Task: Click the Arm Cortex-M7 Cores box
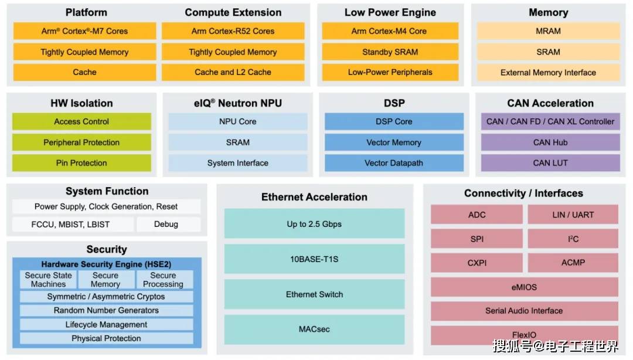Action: [85, 31]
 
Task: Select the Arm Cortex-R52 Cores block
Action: [233, 31]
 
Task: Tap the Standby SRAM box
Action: [390, 52]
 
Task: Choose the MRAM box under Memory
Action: [548, 31]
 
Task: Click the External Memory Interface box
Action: [548, 72]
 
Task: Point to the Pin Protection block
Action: [81, 163]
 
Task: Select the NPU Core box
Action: [238, 121]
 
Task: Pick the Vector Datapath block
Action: [394, 163]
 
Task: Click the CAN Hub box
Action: [550, 142]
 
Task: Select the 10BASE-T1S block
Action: [315, 259]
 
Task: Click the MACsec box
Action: [315, 330]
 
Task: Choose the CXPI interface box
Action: [477, 263]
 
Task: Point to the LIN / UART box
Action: [573, 215]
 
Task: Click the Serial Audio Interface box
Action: [525, 311]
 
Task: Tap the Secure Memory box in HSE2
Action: [106, 280]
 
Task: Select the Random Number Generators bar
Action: [106, 310]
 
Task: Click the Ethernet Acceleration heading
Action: [315, 197]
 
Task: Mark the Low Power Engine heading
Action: [390, 12]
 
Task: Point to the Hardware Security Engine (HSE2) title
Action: [106, 264]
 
